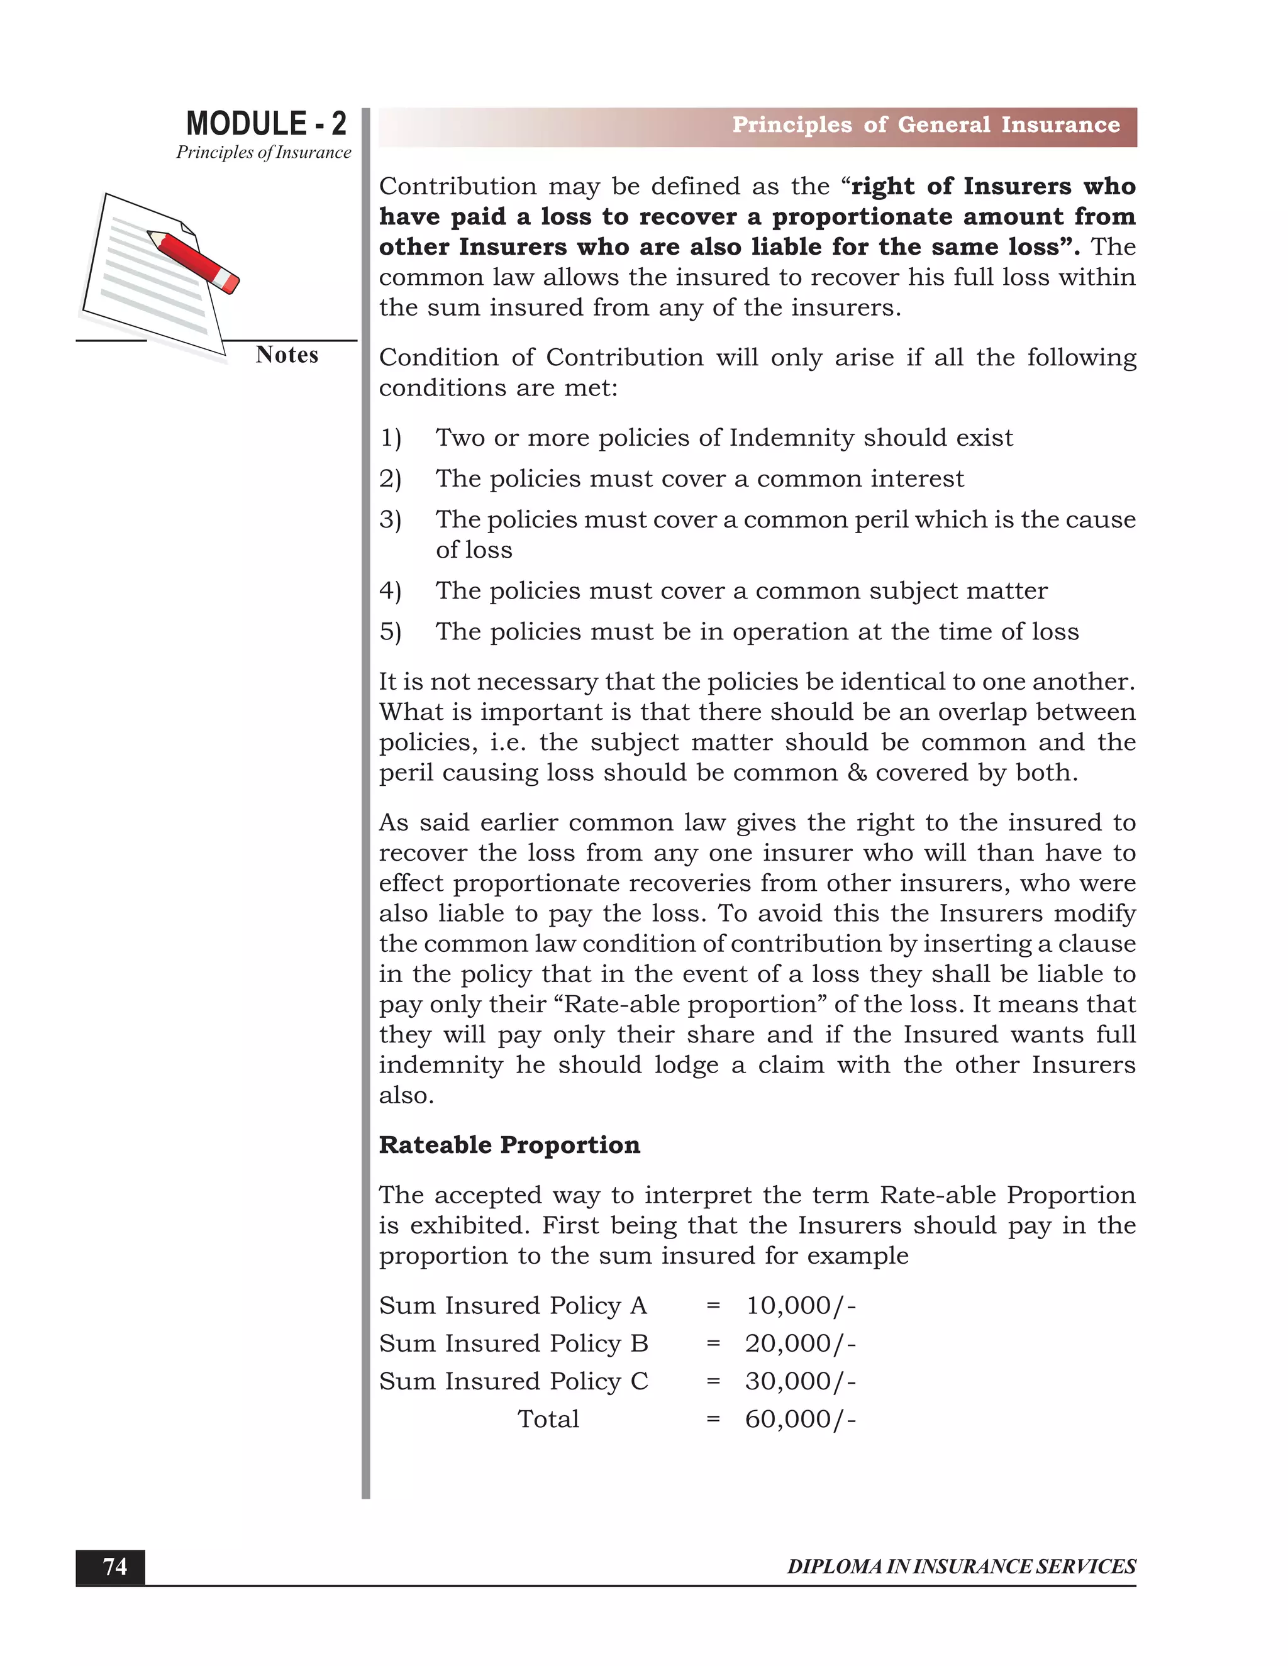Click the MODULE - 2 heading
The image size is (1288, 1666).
[265, 124]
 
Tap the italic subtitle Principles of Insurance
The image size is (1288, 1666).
[264, 153]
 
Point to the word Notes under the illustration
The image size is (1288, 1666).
[287, 355]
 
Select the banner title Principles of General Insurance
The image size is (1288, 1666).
[926, 125]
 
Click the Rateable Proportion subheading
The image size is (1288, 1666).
[509, 1145]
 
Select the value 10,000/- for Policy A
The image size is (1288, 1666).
[801, 1305]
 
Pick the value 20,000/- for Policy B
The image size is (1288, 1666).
[801, 1343]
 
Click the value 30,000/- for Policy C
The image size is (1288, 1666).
[801, 1381]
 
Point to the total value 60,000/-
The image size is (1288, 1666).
[801, 1419]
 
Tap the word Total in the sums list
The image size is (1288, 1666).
[548, 1419]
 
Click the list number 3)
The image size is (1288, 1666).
[390, 519]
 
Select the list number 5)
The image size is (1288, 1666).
[390, 632]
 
